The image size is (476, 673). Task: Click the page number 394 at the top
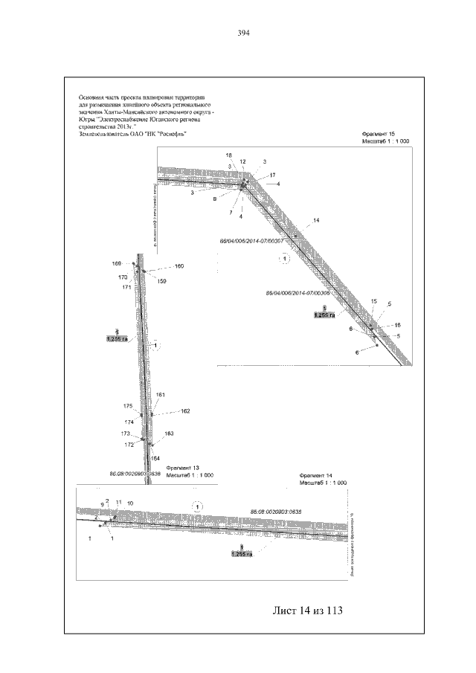242,33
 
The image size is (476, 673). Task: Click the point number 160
178,266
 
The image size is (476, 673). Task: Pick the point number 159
162,281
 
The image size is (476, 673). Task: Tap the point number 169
117,264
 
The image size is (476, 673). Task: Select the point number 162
185,410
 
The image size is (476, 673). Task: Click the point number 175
128,406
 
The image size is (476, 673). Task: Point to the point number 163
169,433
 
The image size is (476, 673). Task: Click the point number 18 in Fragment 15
229,154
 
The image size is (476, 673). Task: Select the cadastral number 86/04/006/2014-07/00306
297,293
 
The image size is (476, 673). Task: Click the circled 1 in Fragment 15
283,259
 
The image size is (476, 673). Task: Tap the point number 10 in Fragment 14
130,503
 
